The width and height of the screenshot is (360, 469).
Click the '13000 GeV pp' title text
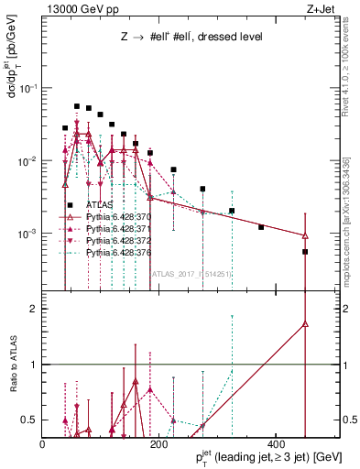coord(77,8)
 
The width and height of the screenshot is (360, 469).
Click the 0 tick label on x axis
coord(43,443)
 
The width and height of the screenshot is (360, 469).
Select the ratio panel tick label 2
coord(34,309)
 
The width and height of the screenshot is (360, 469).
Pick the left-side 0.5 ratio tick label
coord(29,420)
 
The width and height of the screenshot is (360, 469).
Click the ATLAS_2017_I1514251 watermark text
coord(190,272)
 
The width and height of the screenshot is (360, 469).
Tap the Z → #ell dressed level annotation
coord(192,38)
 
